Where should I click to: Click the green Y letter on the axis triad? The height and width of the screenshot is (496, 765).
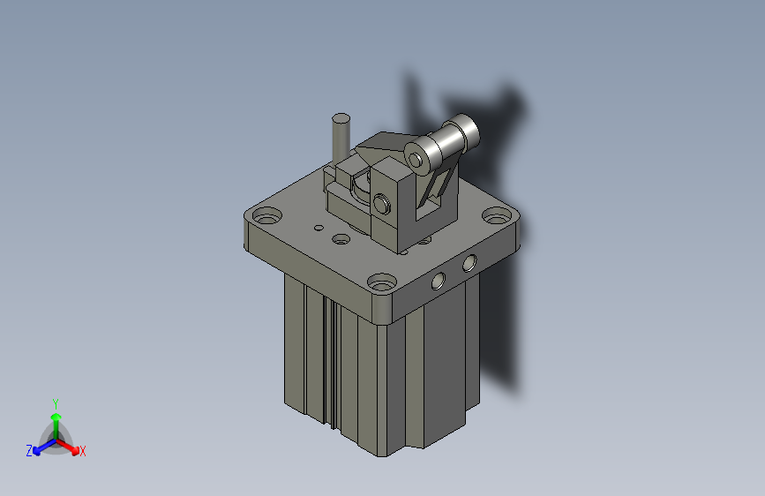click(55, 402)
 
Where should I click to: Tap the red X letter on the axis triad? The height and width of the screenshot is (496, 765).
click(83, 451)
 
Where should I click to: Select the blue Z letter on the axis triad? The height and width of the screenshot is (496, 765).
click(29, 451)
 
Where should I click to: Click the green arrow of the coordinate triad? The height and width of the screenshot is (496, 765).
click(55, 420)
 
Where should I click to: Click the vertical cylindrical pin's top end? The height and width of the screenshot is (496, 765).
click(341, 117)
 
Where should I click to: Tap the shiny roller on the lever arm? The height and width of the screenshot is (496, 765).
click(450, 140)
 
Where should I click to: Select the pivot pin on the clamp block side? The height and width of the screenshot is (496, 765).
click(381, 204)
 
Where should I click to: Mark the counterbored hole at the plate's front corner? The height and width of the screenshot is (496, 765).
click(382, 283)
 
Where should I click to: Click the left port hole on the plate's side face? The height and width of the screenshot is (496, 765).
click(437, 282)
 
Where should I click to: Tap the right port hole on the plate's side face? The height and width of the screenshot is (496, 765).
click(469, 261)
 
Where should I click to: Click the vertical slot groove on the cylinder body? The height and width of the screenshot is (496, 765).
click(326, 362)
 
